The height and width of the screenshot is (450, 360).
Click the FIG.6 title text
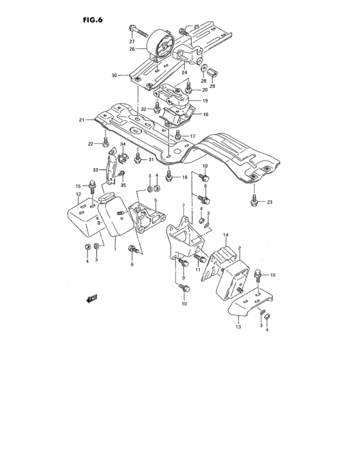[93, 19]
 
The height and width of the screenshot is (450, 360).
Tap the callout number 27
[132, 41]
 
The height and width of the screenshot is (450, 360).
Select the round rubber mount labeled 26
[160, 47]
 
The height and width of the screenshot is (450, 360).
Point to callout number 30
[114, 75]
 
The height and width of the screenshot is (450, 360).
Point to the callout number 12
[78, 194]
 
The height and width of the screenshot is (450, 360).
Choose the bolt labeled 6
[133, 249]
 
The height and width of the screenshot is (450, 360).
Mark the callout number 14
[226, 235]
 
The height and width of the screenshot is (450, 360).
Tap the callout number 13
[237, 327]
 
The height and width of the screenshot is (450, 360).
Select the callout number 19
[205, 101]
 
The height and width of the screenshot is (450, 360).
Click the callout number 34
[122, 145]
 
